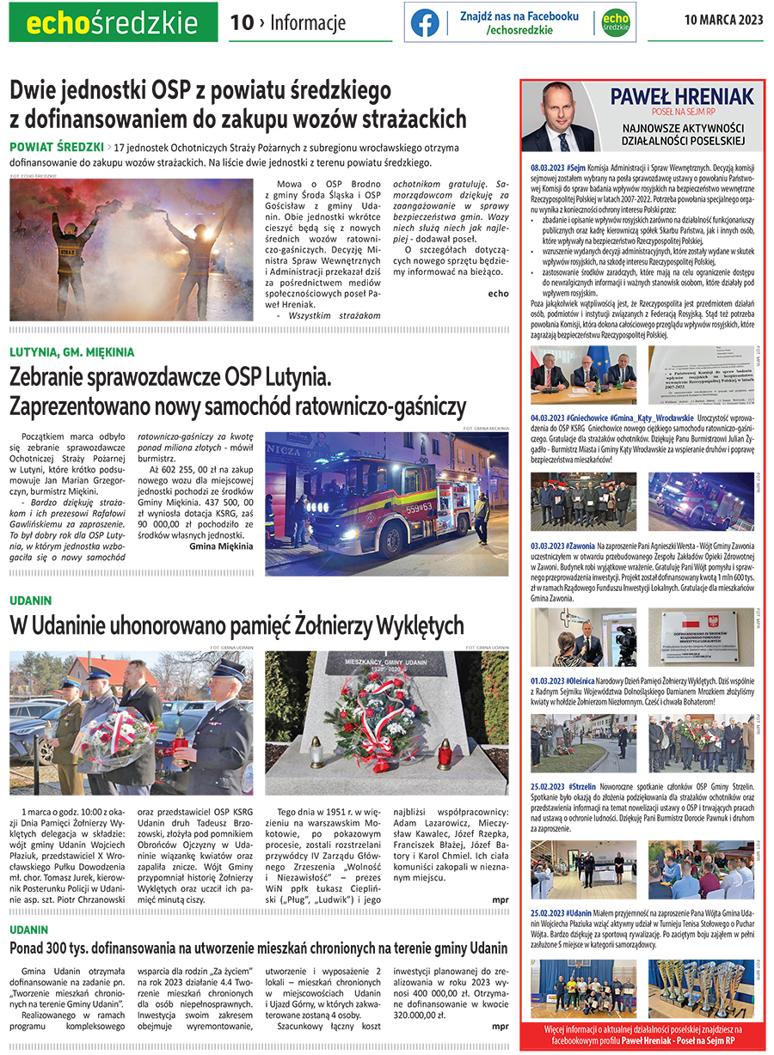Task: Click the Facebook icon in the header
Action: [425, 22]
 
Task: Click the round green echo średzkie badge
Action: [614, 23]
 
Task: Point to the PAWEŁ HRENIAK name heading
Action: [669, 96]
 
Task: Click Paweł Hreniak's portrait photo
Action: [561, 116]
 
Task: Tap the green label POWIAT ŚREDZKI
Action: [57, 148]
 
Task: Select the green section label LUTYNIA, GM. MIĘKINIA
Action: [72, 352]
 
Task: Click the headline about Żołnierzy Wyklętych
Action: [236, 625]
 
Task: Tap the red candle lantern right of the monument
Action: [444, 754]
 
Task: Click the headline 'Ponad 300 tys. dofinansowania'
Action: [258, 948]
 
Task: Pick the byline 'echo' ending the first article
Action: [497, 293]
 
